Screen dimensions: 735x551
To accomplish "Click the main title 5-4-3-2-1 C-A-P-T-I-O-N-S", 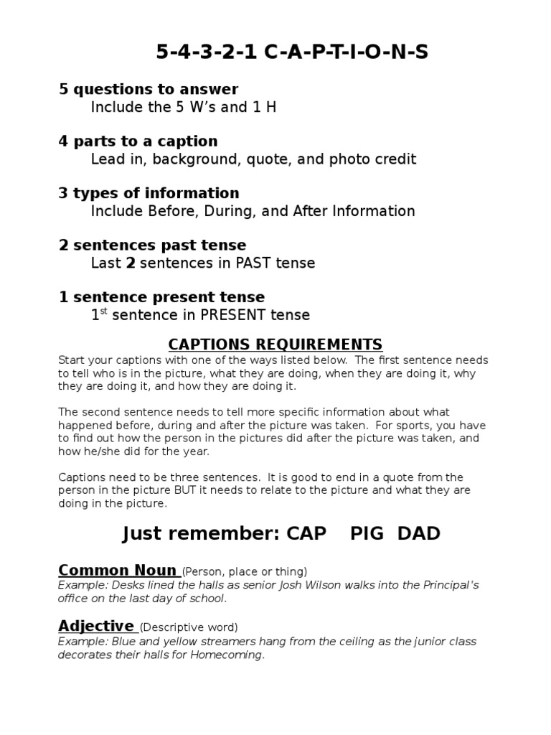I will point(292,52).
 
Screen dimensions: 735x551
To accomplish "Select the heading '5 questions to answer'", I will point(149,89).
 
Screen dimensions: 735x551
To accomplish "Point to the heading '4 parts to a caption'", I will point(138,141).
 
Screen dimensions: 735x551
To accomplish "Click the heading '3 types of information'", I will point(149,193).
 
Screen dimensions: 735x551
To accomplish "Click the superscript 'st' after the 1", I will point(103,312).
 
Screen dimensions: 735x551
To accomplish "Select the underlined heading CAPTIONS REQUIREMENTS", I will point(275,345).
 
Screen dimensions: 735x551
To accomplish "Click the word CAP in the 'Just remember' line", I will point(306,533).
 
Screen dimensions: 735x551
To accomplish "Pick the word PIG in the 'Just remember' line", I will point(368,533).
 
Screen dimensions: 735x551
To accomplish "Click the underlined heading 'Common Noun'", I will point(118,571).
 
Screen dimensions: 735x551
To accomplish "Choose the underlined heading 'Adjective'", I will point(97,626).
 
